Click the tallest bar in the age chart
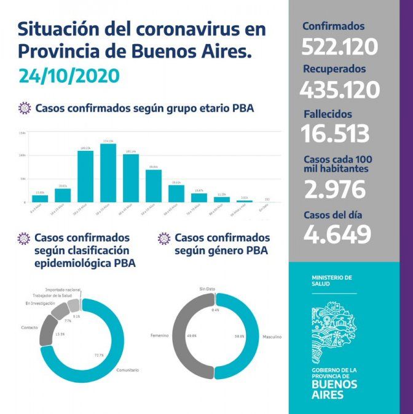click(108, 173)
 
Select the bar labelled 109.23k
click(85, 176)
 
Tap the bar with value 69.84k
click(153, 185)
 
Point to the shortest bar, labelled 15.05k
click(40, 198)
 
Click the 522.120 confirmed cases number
click(339, 47)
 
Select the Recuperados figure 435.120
click(339, 90)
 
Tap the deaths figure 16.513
click(335, 133)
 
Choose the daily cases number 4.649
click(337, 234)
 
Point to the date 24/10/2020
click(68, 76)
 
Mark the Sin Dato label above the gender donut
click(207, 288)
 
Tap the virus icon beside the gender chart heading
click(164, 238)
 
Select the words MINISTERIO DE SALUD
click(332, 281)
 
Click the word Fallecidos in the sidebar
click(328, 114)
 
